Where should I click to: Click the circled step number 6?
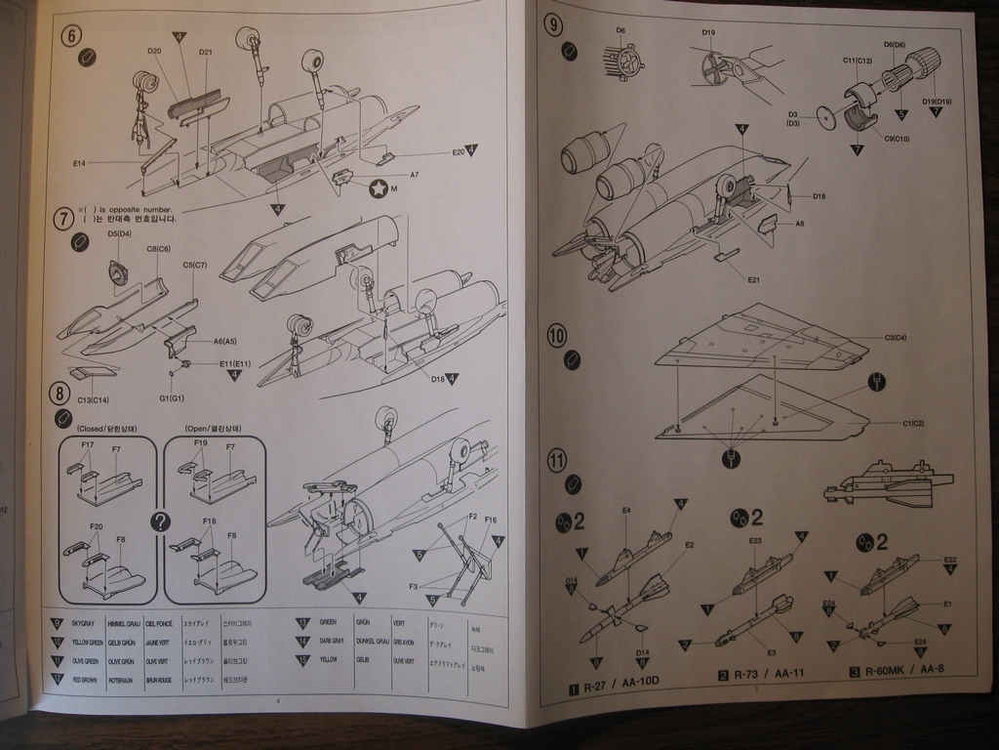pos(71,36)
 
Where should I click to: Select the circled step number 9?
pos(554,25)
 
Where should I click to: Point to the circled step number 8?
pos(60,394)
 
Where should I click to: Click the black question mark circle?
pos(161,522)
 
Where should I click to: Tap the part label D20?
pos(154,51)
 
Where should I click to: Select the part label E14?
pos(79,163)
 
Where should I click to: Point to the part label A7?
pos(414,175)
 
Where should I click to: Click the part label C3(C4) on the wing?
pos(895,338)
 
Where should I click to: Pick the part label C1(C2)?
pos(912,423)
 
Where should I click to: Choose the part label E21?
pos(753,280)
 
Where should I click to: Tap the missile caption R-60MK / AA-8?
pos(904,673)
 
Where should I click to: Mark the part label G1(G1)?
pos(171,398)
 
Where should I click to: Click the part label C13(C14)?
pos(93,400)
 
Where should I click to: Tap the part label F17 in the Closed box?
pos(88,445)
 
